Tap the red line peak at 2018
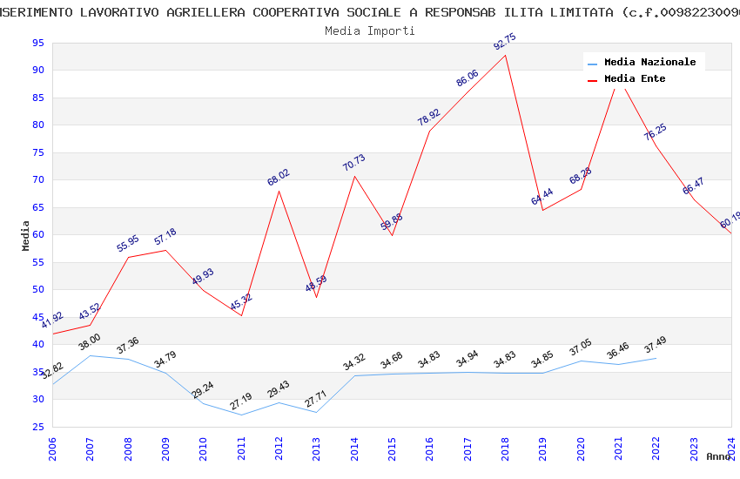pyautogui.click(x=505, y=56)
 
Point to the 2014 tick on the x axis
pyautogui.click(x=354, y=449)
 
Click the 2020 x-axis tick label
pyautogui.click(x=581, y=449)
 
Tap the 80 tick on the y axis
pyautogui.click(x=37, y=125)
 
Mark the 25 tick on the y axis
pyautogui.click(x=37, y=427)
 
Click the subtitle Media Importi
pyautogui.click(x=370, y=30)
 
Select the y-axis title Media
pyautogui.click(x=26, y=234)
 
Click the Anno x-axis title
pyautogui.click(x=718, y=456)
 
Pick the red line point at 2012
pyautogui.click(x=279, y=191)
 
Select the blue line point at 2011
pyautogui.click(x=241, y=415)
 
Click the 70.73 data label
pyautogui.click(x=354, y=163)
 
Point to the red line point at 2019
pyautogui.click(x=542, y=210)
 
